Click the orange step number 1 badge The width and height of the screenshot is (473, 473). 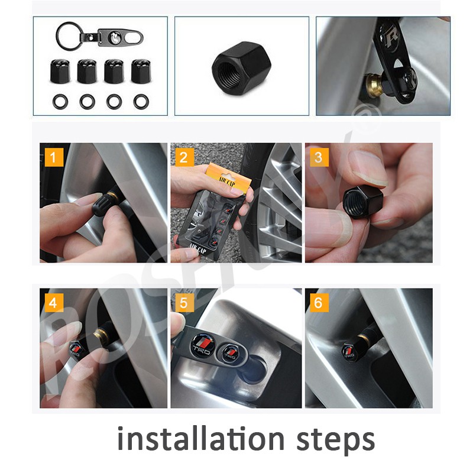54,158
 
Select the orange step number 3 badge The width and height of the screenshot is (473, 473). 319,158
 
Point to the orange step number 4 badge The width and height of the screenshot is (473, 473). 54,303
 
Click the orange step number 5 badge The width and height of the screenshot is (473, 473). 184,303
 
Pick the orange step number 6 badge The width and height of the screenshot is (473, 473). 319,303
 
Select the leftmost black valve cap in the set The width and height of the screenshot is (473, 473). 60,72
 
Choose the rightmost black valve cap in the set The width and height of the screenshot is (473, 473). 141,72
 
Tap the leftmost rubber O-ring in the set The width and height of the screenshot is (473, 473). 60,101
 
